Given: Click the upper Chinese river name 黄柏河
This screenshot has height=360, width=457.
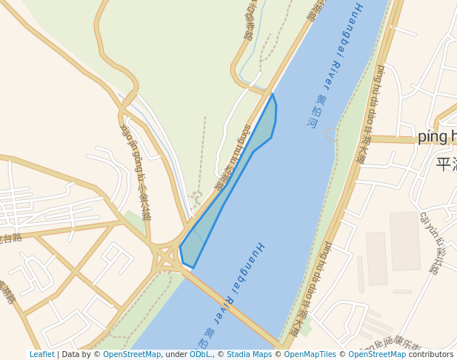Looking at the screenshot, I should pyautogui.click(x=316, y=111).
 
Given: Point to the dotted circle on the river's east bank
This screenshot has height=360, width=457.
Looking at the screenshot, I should pyautogui.click(x=331, y=134).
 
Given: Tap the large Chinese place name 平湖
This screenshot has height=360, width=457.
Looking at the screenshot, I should pyautogui.click(x=447, y=164).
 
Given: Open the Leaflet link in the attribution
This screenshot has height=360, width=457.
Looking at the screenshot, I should pyautogui.click(x=42, y=355).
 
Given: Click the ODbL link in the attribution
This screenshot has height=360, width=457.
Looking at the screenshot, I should pyautogui.click(x=200, y=355).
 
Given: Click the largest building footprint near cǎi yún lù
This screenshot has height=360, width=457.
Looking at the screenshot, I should pyautogui.click(x=404, y=241).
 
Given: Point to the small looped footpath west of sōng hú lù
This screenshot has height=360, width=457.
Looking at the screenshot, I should pyautogui.click(x=197, y=198).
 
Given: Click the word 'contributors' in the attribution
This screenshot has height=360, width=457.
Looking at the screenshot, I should pyautogui.click(x=431, y=355).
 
